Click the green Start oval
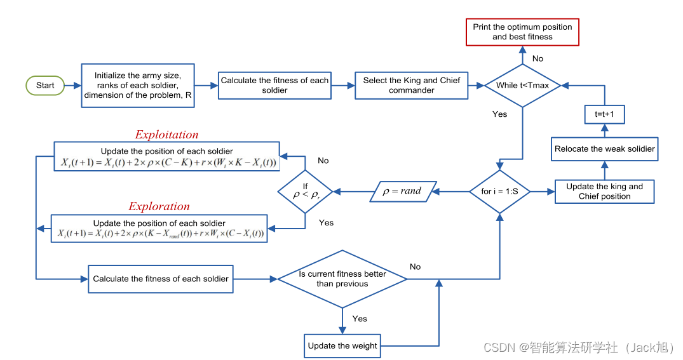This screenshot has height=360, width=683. click(45, 85)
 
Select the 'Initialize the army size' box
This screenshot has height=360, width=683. click(138, 85)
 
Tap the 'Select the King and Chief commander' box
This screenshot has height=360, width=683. click(411, 85)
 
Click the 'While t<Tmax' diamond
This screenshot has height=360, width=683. click(522, 85)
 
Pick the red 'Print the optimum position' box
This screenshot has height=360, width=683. click(522, 32)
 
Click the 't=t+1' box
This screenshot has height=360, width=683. click(604, 114)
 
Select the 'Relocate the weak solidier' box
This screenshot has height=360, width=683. click(604, 149)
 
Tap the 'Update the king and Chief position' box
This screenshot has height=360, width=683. click(604, 191)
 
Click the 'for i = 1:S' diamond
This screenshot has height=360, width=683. click(499, 191)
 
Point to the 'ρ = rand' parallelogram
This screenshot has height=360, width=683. click(402, 191)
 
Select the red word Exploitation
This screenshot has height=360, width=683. click(166, 135)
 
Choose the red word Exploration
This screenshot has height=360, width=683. click(159, 206)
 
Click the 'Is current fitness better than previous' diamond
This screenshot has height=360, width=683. click(342, 279)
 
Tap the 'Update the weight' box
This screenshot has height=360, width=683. click(342, 346)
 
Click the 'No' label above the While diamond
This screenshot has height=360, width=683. click(538, 58)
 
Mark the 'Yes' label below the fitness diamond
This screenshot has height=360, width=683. click(360, 319)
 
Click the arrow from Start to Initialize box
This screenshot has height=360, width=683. click(73, 85)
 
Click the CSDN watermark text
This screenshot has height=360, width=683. click(578, 347)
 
